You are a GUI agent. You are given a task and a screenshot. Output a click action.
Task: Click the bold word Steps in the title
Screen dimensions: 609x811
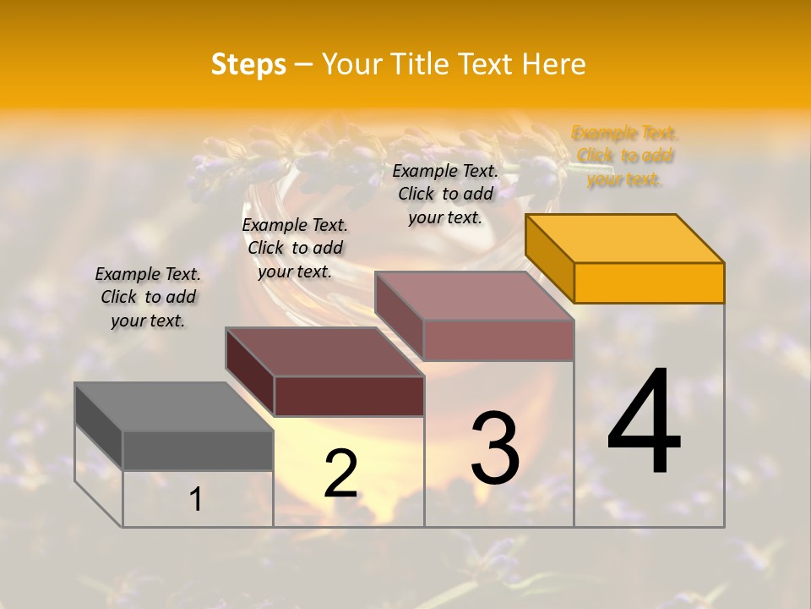point(248,64)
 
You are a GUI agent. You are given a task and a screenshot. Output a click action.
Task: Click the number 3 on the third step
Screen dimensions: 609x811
point(495,447)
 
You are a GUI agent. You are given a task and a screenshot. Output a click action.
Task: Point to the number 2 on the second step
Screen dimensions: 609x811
point(340,473)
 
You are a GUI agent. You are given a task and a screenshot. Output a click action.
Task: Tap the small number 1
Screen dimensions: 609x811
point(196,499)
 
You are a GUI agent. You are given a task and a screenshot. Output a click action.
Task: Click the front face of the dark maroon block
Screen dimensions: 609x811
point(349,396)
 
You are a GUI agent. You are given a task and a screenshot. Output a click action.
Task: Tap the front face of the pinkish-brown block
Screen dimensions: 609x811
point(498,340)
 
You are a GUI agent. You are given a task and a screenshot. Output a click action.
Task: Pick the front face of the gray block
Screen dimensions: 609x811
point(198,450)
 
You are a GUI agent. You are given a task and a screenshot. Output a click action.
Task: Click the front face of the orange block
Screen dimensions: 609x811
point(649,283)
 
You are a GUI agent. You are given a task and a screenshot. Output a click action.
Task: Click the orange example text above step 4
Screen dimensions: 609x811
point(624,156)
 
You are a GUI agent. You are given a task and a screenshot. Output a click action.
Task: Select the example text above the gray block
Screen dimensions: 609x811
point(148,298)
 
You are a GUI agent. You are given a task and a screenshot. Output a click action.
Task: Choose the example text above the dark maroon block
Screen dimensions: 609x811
point(295,249)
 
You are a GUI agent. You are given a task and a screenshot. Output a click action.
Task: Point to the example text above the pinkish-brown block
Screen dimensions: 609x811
point(445,194)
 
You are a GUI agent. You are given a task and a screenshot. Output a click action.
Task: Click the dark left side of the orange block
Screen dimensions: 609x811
point(549,258)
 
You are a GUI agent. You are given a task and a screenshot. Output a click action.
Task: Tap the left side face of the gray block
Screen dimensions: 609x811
point(99,427)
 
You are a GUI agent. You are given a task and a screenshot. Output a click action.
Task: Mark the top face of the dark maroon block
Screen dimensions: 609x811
point(324,352)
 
